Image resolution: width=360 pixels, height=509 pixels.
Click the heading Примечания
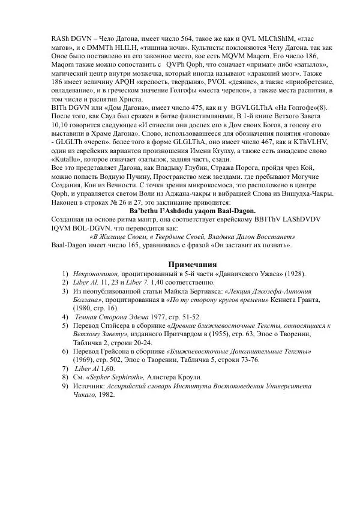click(192, 264)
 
